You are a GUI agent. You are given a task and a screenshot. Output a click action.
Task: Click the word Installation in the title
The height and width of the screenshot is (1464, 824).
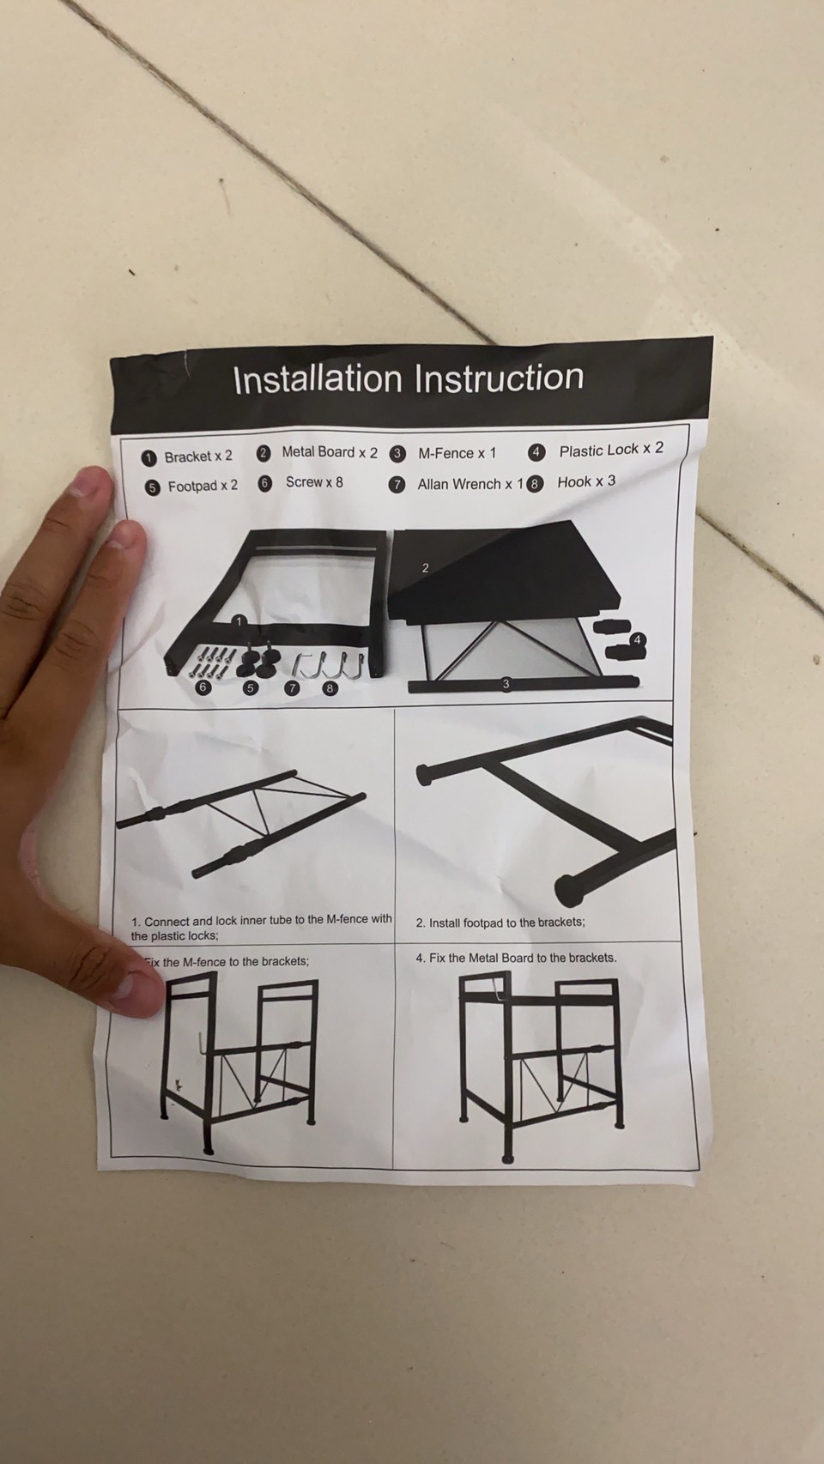point(318,379)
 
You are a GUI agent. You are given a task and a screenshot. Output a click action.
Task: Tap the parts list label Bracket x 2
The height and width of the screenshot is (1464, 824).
point(198,457)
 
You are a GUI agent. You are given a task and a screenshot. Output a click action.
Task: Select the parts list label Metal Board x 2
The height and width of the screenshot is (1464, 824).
point(330,452)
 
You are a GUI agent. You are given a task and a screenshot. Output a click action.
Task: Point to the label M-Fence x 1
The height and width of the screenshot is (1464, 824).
point(457,453)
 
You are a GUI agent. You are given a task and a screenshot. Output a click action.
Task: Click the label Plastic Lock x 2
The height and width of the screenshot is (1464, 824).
point(611,450)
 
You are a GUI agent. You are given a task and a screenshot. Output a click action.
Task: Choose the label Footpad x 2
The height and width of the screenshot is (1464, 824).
point(203,487)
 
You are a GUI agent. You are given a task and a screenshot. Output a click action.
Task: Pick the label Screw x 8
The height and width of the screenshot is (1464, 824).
point(314,482)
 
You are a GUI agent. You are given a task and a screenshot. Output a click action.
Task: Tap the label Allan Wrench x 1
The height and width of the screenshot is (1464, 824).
point(471,484)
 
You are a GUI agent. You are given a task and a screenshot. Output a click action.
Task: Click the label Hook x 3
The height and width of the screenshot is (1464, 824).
point(586,481)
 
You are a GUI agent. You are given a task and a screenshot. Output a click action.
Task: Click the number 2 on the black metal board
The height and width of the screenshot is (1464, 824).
point(425,568)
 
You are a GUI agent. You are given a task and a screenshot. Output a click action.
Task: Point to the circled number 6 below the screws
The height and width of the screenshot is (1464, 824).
point(203,687)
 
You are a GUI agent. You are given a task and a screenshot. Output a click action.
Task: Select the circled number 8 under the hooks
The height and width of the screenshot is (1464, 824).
point(330,687)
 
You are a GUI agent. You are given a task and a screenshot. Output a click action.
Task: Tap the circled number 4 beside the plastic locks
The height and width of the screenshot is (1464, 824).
point(638,640)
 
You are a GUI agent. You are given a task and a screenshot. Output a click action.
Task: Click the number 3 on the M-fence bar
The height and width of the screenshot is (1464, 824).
point(506,684)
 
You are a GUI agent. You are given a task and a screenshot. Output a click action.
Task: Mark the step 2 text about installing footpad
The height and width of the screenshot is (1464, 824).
point(500,923)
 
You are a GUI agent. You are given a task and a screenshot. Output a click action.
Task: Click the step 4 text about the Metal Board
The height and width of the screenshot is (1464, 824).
point(516,959)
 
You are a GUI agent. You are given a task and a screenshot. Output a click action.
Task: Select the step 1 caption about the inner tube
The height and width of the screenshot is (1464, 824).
point(262,928)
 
